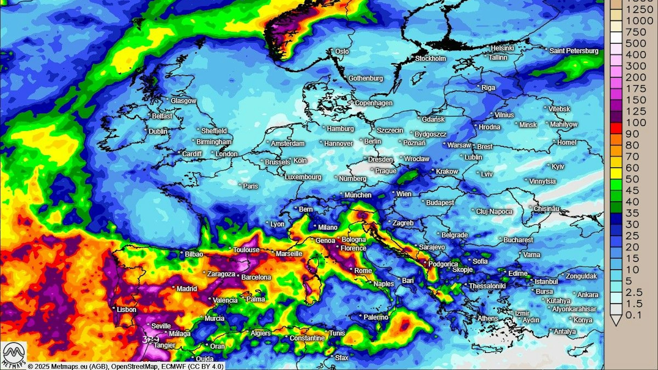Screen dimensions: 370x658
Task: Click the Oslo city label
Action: [342, 51]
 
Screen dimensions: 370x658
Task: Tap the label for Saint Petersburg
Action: [574, 51]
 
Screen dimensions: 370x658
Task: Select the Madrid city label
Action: [187, 288]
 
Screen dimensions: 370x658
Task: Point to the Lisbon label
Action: [126, 309]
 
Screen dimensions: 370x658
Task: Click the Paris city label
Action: [250, 186]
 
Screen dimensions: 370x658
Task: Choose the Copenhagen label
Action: [373, 103]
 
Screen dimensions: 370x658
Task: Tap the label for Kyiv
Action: [558, 166]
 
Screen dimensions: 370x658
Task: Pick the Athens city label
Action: [487, 318]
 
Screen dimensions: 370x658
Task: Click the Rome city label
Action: [363, 271]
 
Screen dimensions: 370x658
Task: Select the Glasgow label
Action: [183, 101]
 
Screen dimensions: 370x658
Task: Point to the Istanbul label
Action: [546, 282]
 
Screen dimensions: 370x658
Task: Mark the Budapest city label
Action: [440, 203]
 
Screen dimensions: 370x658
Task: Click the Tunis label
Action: [337, 333]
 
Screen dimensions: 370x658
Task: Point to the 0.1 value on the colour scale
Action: [633, 315]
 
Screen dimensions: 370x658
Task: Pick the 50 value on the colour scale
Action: [632, 179]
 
